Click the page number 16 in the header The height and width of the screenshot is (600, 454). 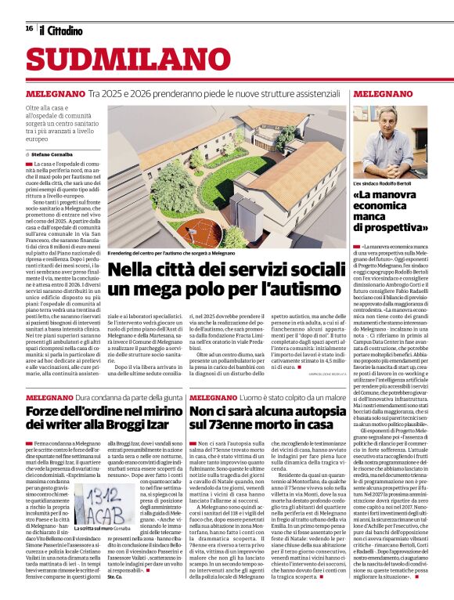(29, 29)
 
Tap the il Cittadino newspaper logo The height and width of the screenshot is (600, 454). (61, 30)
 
